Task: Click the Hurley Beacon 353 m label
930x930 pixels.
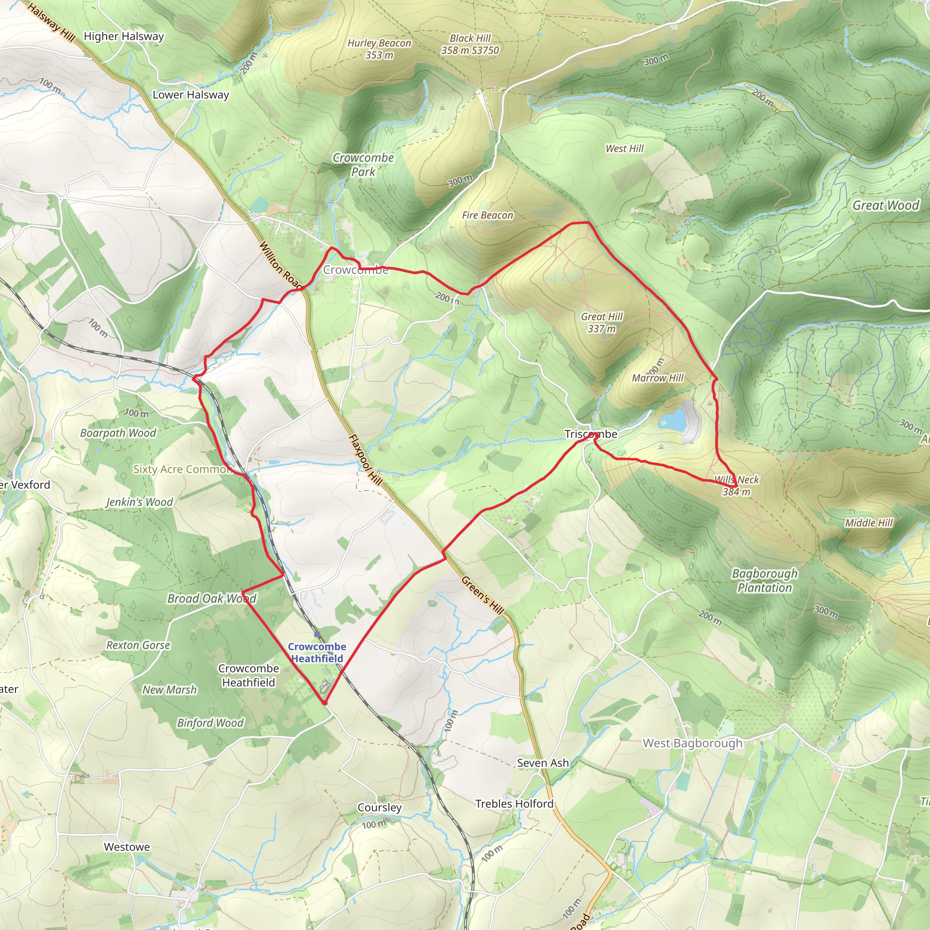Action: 379,49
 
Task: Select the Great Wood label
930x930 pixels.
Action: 885,206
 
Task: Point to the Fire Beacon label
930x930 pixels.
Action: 487,215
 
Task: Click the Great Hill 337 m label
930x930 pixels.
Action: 602,322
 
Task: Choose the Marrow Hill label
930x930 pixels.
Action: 658,378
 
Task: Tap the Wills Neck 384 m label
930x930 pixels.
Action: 736,485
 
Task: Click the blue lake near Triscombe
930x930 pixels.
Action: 672,420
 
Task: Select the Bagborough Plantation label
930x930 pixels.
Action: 764,580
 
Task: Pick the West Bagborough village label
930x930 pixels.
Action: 692,743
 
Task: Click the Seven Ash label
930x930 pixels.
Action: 543,763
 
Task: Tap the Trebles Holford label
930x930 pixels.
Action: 514,804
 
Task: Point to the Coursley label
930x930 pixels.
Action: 379,807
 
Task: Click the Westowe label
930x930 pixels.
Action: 127,847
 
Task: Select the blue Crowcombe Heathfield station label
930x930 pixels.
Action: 317,652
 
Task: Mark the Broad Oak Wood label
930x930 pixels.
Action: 211,599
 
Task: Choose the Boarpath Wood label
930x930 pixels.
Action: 118,433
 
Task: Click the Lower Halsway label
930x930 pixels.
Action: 191,95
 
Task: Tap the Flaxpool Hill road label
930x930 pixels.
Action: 366,460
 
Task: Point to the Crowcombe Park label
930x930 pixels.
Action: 363,165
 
